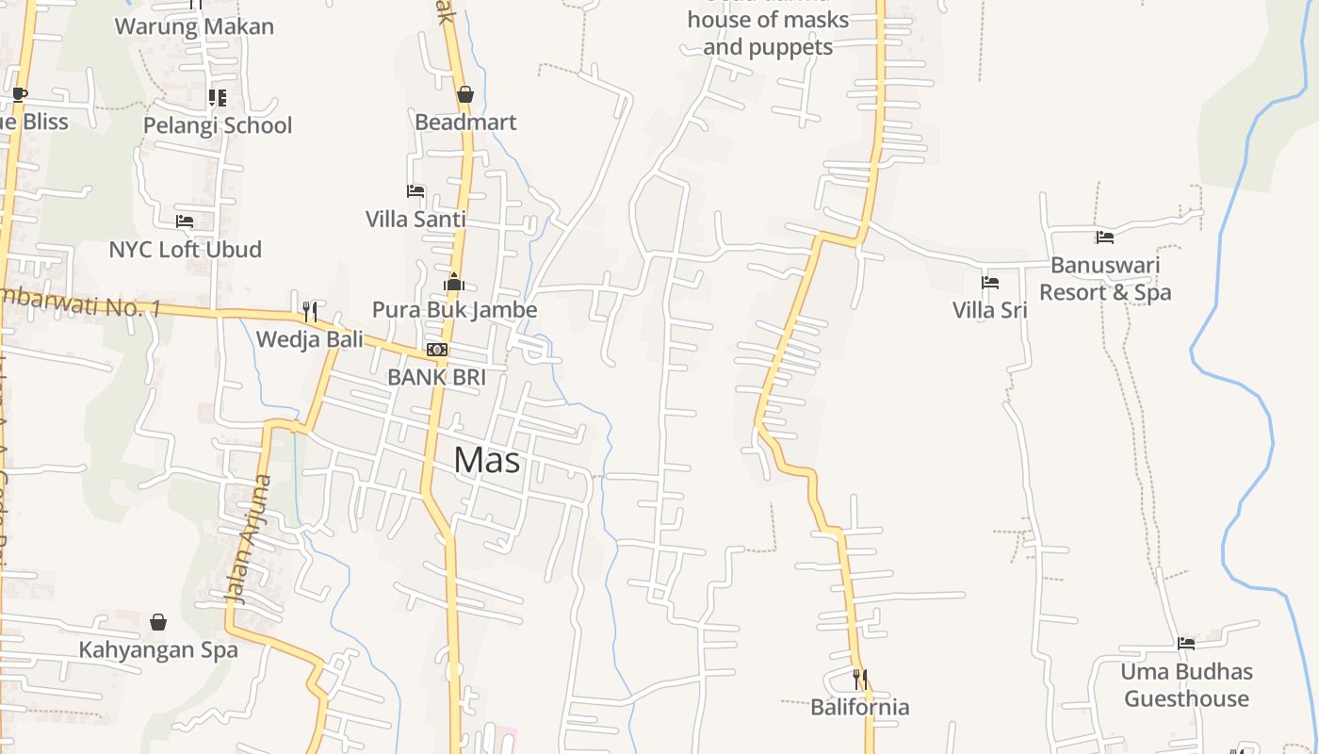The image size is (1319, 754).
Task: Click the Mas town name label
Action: pos(486,460)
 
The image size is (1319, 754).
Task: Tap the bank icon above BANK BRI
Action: pos(436,350)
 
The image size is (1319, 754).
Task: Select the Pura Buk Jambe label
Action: pos(454,309)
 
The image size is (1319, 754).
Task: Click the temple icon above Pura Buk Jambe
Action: pos(454,282)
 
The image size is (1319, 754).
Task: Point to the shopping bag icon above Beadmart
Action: pos(464,94)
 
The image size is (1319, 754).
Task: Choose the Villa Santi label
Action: pos(415,219)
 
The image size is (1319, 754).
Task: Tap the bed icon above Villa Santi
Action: pos(415,191)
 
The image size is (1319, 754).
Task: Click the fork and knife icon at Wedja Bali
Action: pos(309,311)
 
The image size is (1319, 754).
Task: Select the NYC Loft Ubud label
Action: pos(185,249)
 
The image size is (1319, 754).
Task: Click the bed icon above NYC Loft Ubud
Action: pos(185,221)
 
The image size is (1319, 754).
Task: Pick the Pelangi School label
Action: pos(218,125)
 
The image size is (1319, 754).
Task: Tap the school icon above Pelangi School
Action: pos(218,97)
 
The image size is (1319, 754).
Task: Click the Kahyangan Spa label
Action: pos(158,649)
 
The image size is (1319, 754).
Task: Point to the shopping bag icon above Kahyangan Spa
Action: pos(158,622)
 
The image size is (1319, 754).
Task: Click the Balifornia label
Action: pos(860,707)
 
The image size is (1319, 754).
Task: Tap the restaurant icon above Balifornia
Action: pos(860,679)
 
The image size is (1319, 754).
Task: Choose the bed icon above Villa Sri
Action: pos(989,282)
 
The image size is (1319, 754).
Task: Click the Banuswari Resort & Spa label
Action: pos(1105,278)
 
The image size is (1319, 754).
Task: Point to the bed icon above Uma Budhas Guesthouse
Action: pos(1186,644)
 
